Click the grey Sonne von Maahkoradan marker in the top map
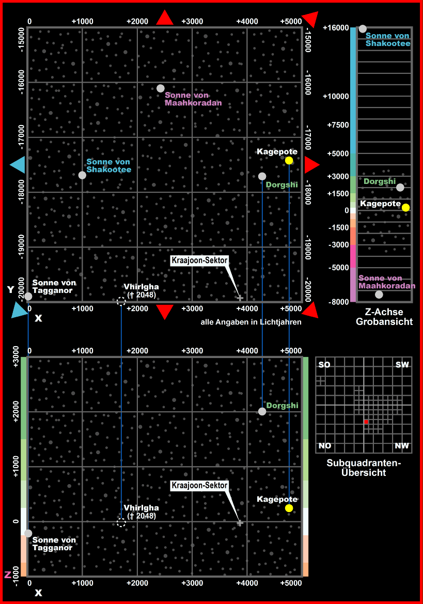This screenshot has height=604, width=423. [161, 88]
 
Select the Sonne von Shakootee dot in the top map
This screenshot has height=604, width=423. [82, 175]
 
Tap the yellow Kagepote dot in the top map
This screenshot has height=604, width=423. [289, 161]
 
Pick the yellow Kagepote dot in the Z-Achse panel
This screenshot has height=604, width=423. [406, 208]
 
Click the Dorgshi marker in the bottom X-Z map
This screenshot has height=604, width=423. [262, 411]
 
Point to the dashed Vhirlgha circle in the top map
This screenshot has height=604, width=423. [121, 301]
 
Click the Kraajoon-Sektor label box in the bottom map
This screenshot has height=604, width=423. [199, 486]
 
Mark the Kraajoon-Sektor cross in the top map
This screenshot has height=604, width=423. [240, 298]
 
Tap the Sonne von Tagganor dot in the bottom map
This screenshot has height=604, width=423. [28, 533]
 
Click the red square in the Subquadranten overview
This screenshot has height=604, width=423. [366, 422]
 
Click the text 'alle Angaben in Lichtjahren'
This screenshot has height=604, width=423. [251, 322]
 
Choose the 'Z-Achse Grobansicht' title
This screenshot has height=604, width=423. [384, 317]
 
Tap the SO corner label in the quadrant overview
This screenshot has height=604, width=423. [324, 365]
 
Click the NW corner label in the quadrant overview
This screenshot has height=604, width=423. [402, 446]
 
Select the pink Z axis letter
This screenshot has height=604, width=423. [7, 575]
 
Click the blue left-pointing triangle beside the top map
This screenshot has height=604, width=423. [17, 165]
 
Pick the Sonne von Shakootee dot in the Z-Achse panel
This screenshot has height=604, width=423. [363, 29]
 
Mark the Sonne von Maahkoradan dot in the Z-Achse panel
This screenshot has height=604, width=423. [379, 295]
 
